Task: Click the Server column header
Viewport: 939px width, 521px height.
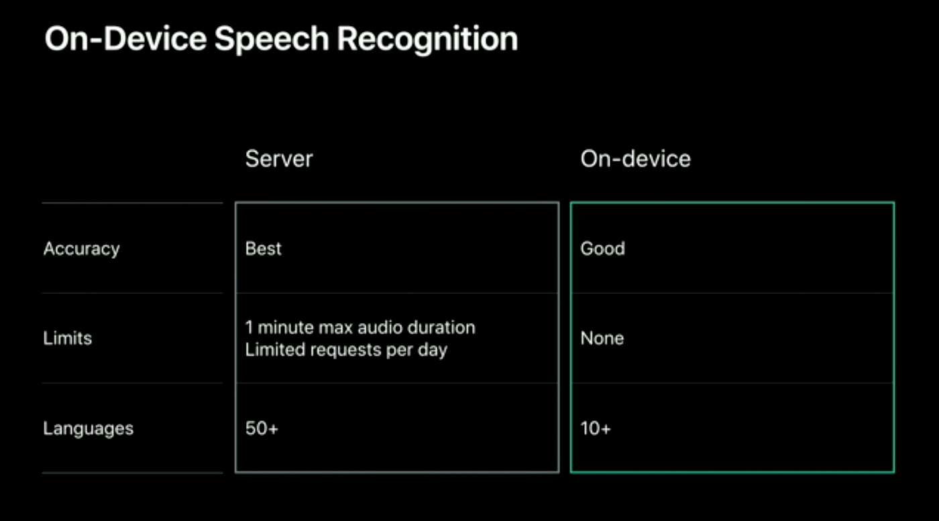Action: tap(279, 159)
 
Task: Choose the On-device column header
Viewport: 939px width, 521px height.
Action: tap(635, 159)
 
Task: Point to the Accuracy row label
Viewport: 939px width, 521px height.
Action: tap(81, 249)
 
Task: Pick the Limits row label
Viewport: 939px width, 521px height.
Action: tap(67, 338)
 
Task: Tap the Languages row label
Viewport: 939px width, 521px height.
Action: tap(88, 428)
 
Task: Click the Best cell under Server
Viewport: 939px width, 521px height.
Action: tap(263, 249)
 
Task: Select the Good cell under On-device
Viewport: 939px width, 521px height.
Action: tap(602, 249)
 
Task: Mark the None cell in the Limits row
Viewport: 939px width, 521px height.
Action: tap(602, 338)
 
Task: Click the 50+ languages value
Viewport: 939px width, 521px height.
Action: tap(261, 428)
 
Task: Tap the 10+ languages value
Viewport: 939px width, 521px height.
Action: tap(596, 428)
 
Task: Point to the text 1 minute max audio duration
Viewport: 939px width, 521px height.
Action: tap(360, 328)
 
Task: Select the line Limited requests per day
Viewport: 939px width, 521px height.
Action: tap(346, 349)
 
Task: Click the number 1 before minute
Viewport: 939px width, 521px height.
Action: tap(249, 328)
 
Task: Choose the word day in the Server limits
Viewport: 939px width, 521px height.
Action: tap(433, 350)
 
